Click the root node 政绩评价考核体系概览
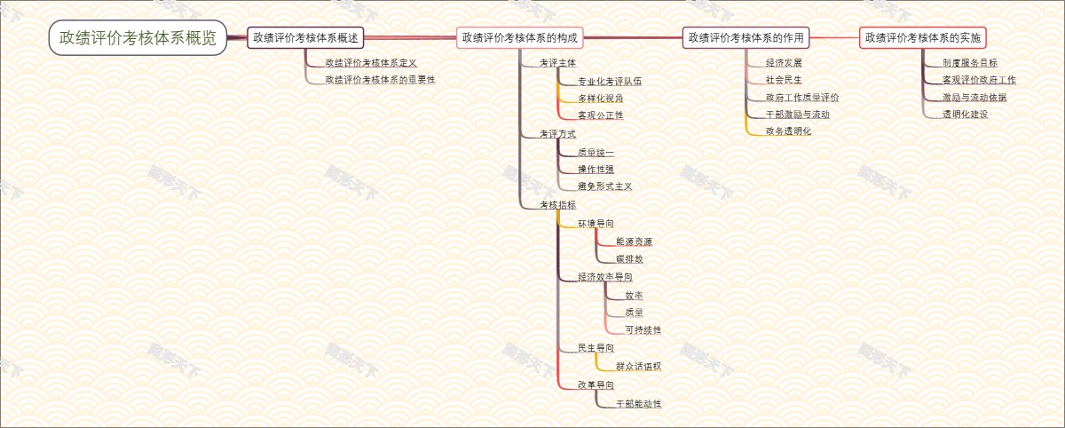tap(138, 37)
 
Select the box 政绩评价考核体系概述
tap(305, 37)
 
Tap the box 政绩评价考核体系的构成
tap(520, 37)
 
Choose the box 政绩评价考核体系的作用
tap(746, 37)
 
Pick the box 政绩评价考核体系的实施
tap(923, 37)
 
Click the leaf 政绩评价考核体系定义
tap(371, 63)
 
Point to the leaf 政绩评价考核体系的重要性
tap(380, 80)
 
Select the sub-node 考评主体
tap(558, 63)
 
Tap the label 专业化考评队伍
tap(610, 81)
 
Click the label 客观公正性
tap(601, 115)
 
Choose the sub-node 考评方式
tap(558, 134)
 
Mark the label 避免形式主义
tap(605, 186)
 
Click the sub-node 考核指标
tap(558, 205)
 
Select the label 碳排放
tap(629, 259)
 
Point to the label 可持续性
tap(643, 330)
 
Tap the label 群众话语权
tap(638, 366)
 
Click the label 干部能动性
tap(638, 404)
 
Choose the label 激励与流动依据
tap(974, 98)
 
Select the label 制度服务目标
tap(970, 63)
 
